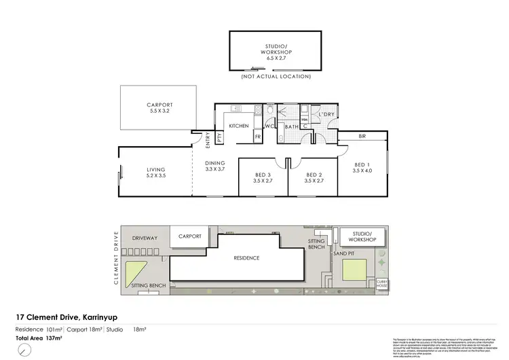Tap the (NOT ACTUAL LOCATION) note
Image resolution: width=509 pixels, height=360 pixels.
pyautogui.click(x=276, y=76)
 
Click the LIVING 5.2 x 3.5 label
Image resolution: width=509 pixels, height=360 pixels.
pyautogui.click(x=155, y=173)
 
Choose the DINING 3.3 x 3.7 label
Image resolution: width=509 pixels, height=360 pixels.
pyautogui.click(x=214, y=166)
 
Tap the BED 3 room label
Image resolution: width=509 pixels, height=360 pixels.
pyautogui.click(x=261, y=178)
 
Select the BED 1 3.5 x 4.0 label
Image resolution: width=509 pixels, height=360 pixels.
pyautogui.click(x=363, y=168)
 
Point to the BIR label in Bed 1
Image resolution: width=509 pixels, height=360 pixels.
pyautogui.click(x=362, y=137)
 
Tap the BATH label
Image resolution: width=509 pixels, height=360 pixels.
pyautogui.click(x=292, y=126)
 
